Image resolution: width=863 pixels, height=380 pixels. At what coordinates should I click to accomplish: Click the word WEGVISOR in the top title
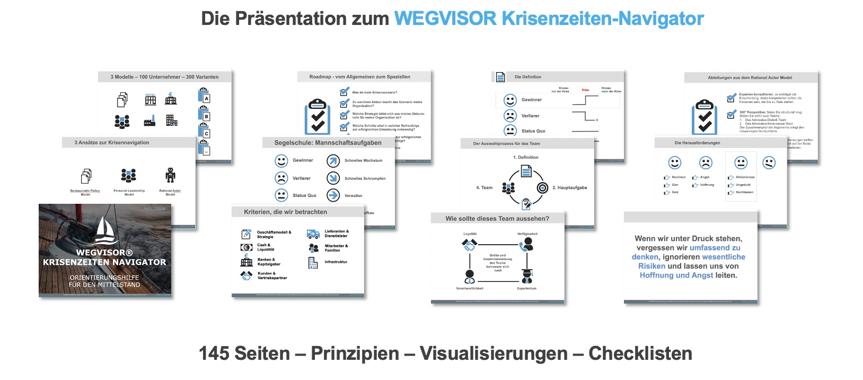coord(445,19)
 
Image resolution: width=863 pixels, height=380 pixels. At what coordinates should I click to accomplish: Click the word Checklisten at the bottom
coord(640,353)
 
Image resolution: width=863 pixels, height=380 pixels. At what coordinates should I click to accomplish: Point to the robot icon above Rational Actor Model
coord(170,175)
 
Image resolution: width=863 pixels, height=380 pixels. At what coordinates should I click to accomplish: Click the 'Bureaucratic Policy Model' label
coord(85,192)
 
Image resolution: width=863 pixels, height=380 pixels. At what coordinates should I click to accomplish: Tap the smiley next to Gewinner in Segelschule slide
coord(281,160)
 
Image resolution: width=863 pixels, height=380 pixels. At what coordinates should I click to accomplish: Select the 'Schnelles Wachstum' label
coord(363,160)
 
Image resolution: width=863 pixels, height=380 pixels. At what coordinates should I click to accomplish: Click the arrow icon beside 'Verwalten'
coord(333,195)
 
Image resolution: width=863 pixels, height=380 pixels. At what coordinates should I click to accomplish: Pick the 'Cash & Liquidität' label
coord(266,247)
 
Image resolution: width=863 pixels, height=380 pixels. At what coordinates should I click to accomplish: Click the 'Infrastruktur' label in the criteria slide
coord(336,262)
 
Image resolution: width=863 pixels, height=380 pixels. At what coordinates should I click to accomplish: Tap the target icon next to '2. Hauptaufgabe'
coord(542,187)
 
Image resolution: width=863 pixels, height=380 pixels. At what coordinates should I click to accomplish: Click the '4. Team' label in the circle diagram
coord(484,187)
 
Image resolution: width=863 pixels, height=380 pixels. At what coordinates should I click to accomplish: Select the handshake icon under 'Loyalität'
coord(469,245)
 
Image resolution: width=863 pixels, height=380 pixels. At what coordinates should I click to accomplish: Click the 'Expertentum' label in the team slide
coord(526,288)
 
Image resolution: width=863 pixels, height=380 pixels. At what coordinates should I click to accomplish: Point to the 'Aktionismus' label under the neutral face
coord(745,177)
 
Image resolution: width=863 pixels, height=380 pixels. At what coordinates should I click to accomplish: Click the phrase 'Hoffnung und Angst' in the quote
coord(676,275)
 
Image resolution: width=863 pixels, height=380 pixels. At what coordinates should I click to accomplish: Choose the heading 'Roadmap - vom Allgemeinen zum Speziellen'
coord(359,77)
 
